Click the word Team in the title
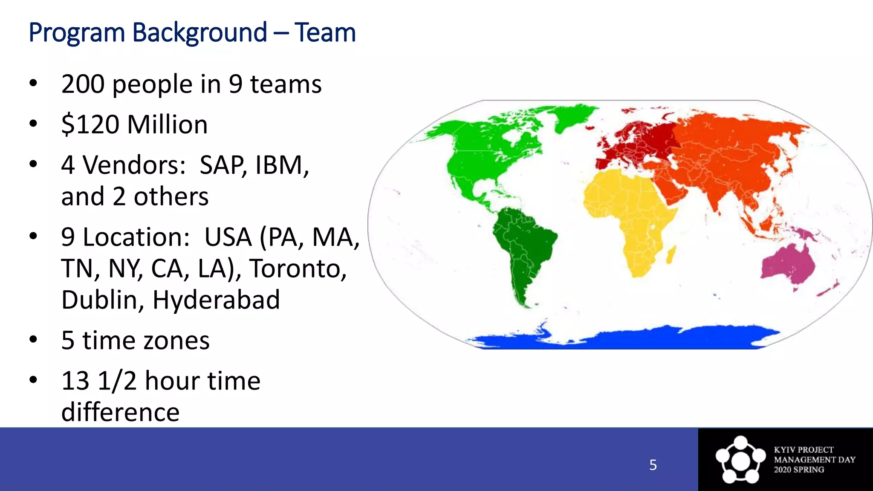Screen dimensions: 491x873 [x=325, y=33]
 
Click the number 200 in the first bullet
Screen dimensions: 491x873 [x=83, y=84]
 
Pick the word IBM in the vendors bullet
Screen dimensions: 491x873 [x=281, y=165]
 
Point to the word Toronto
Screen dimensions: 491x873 [x=298, y=269]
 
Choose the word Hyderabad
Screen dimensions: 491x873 [x=216, y=300]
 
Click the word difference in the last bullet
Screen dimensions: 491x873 [x=120, y=412]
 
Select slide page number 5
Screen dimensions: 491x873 [x=653, y=465]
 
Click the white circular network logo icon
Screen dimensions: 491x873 [x=740, y=460]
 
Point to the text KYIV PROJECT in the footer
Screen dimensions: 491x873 [x=804, y=450]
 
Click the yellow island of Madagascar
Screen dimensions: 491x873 [x=671, y=254]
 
